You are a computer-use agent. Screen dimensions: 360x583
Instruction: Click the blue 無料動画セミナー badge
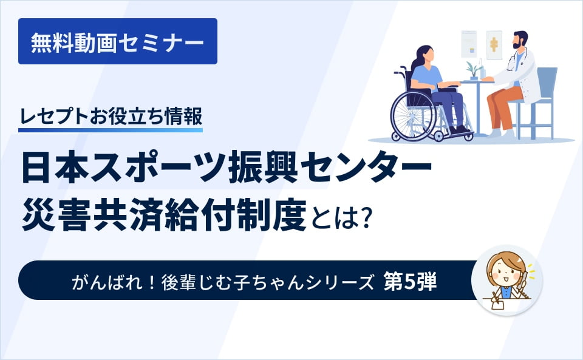point(117,41)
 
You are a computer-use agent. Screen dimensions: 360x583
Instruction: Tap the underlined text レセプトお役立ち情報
point(111,115)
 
